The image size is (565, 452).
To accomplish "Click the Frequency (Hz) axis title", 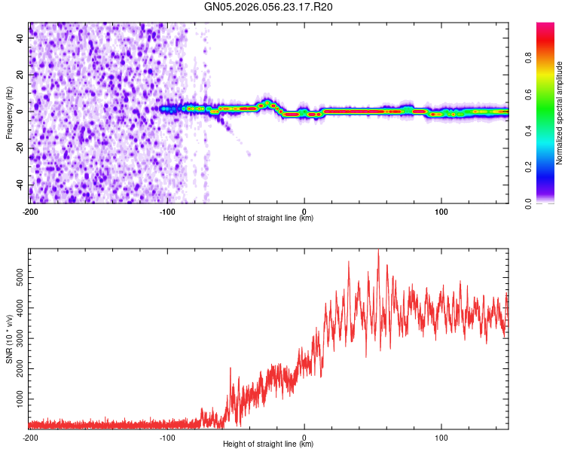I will click(x=9, y=113).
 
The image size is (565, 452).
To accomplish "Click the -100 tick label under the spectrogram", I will click(x=167, y=211).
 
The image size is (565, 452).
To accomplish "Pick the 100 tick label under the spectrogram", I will click(x=441, y=211).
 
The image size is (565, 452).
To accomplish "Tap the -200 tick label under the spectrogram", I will click(x=30, y=211).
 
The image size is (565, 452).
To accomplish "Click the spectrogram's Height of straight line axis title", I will click(x=268, y=218).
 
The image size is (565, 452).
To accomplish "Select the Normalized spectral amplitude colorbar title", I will click(x=560, y=113).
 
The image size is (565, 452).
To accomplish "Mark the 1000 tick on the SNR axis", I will click(x=18, y=395).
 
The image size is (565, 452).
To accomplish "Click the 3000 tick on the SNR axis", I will click(x=18, y=337).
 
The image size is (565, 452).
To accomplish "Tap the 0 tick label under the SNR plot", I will click(x=304, y=437).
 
